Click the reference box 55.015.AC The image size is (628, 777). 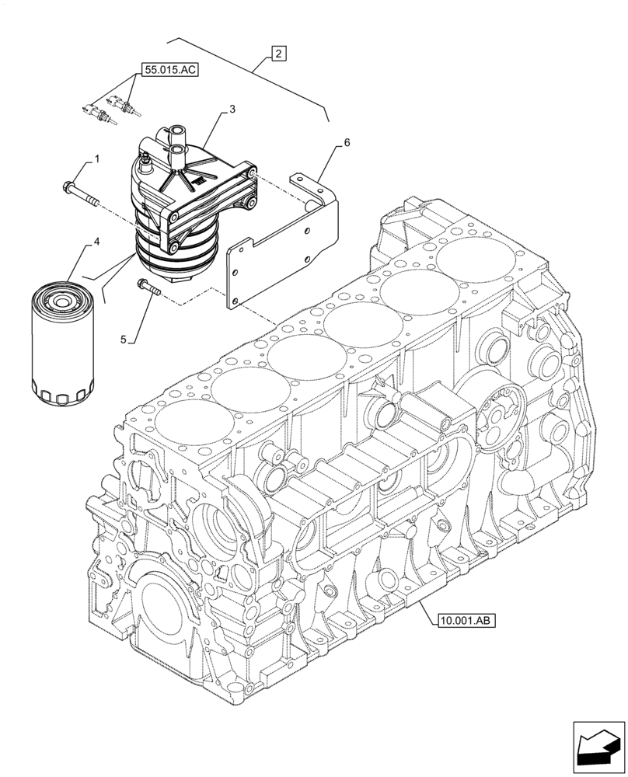(x=169, y=71)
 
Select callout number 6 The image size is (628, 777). (x=347, y=143)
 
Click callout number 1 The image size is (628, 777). (x=97, y=159)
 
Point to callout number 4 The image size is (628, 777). (x=96, y=242)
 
